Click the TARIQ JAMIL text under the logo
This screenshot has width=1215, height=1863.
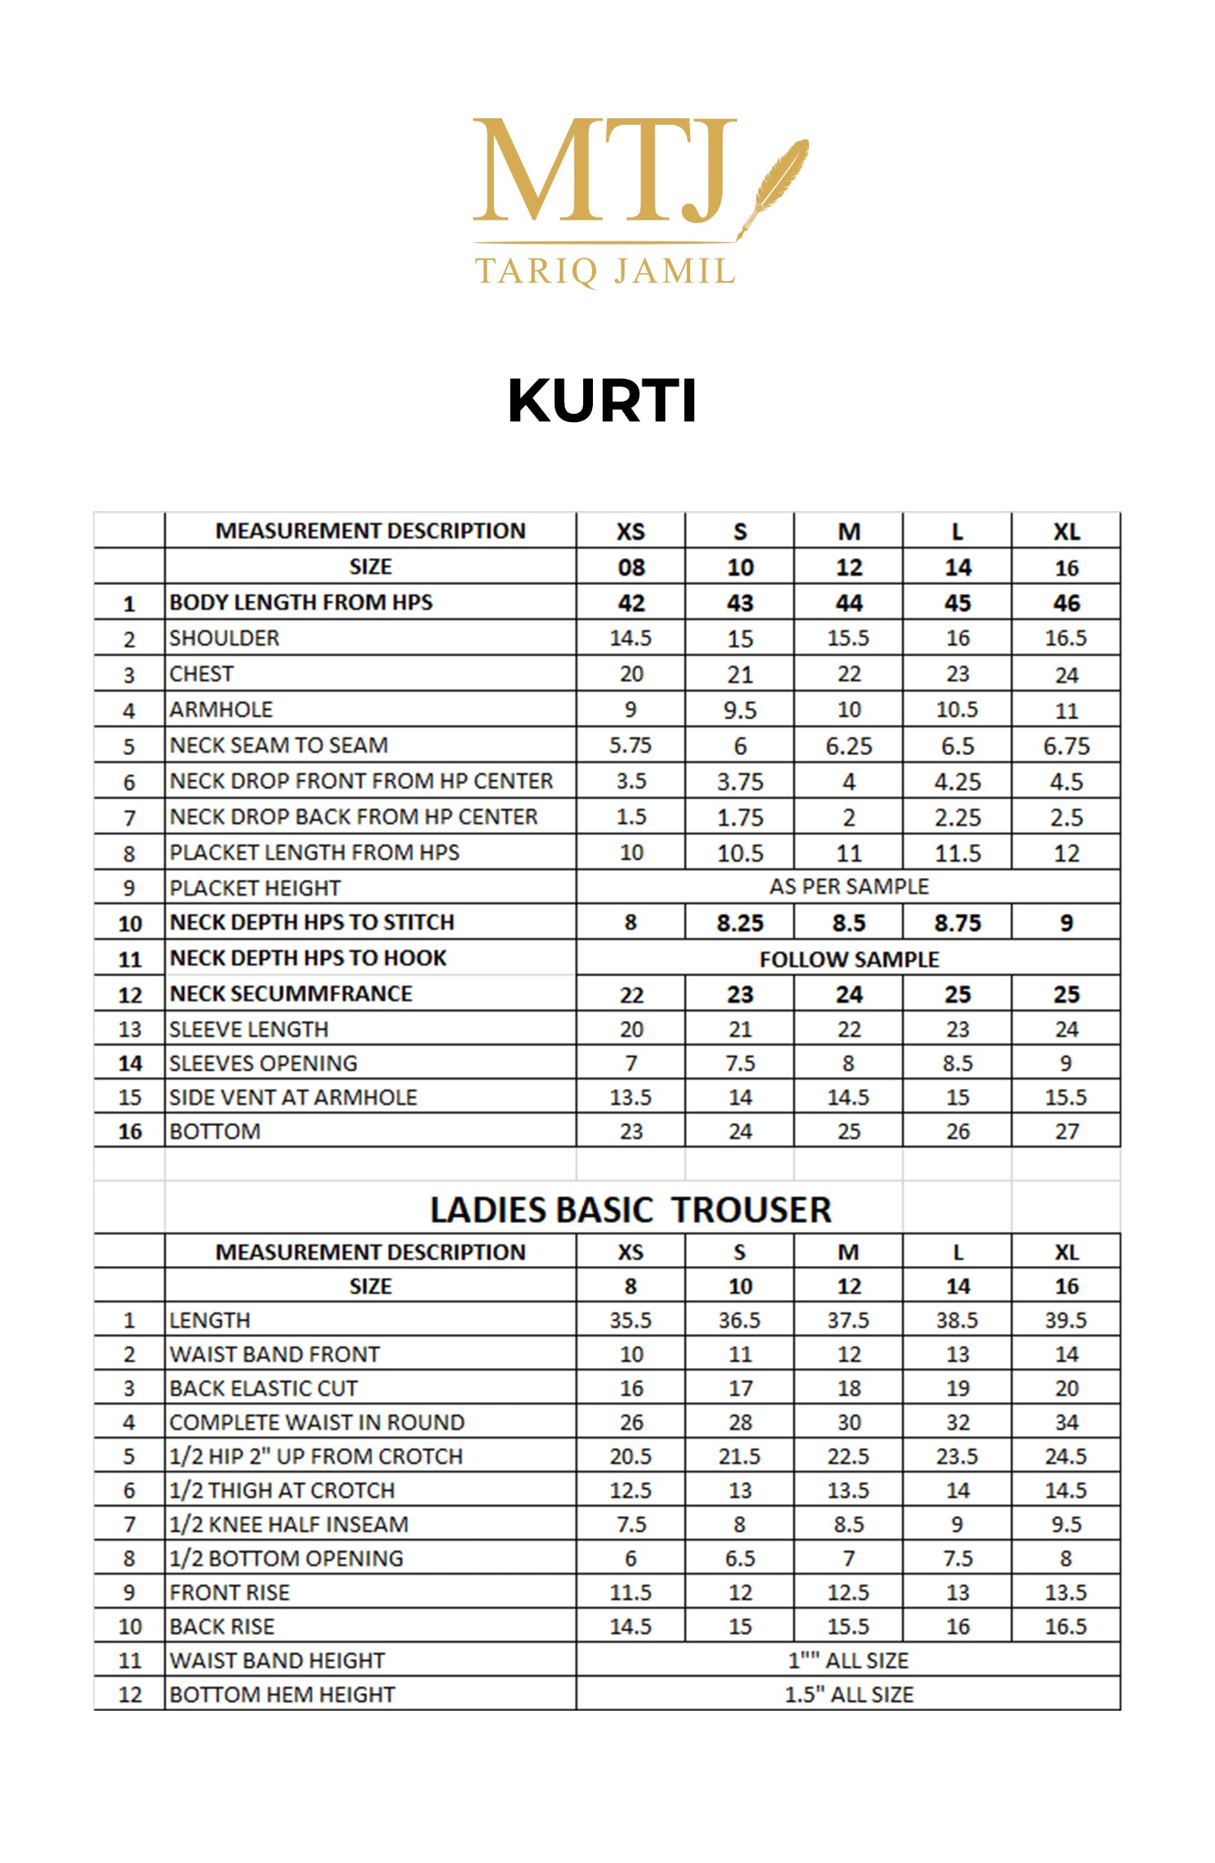[605, 271]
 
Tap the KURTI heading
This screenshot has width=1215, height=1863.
[602, 401]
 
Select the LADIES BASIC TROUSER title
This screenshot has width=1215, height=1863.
[630, 1210]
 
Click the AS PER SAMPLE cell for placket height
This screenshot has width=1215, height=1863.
[848, 887]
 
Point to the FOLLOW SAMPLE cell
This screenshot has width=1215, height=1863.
[848, 959]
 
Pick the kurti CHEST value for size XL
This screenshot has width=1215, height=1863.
[1066, 675]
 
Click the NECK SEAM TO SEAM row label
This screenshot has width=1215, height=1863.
[279, 745]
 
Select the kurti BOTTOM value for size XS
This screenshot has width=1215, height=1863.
[631, 1132]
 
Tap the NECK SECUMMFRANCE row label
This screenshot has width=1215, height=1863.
[291, 994]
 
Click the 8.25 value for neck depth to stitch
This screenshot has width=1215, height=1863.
[740, 923]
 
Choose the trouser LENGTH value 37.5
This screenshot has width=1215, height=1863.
[848, 1320]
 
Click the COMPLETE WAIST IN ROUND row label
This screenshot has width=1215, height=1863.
[317, 1422]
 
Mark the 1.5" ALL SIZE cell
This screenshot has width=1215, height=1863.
[848, 1695]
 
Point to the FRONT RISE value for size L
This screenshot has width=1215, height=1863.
[957, 1592]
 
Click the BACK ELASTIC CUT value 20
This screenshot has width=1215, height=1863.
[1066, 1388]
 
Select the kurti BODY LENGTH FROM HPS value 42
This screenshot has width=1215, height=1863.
[631, 603]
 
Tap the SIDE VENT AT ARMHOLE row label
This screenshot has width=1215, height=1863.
[293, 1098]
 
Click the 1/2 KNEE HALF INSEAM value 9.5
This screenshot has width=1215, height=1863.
[1066, 1524]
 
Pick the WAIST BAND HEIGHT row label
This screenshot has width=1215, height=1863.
[277, 1660]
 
